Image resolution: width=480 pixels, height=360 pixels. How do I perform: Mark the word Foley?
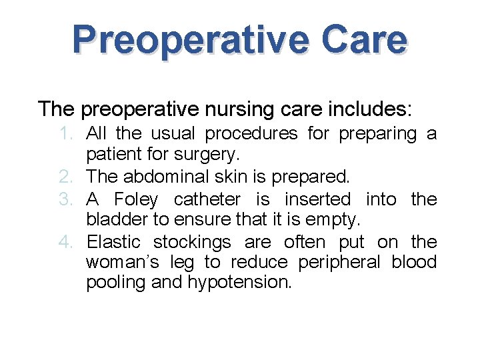click(x=137, y=199)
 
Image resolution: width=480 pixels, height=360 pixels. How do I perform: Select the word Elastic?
click(x=115, y=241)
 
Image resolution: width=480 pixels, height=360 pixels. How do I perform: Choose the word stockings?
click(x=192, y=241)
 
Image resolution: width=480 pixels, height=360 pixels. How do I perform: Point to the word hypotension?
click(x=239, y=283)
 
